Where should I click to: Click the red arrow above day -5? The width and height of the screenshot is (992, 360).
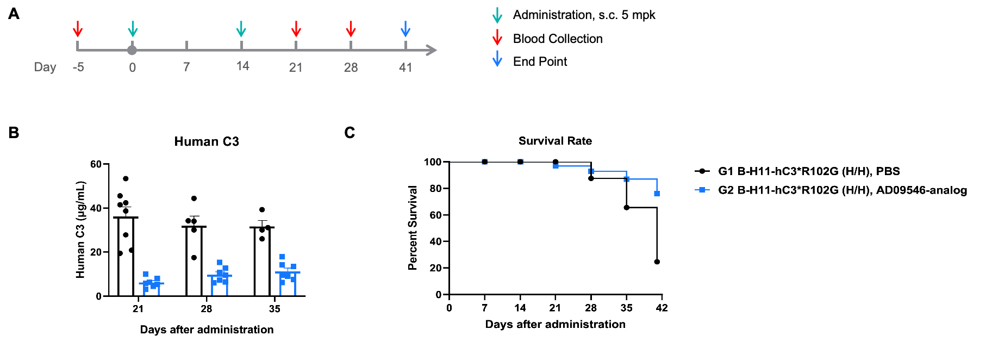78,29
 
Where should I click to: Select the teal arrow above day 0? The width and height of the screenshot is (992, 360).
133,29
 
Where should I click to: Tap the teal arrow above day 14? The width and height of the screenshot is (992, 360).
241,29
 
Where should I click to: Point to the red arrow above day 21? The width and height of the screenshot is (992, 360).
296,29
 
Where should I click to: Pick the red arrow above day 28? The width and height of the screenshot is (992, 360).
351,29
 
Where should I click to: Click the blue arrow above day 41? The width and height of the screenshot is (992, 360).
405,29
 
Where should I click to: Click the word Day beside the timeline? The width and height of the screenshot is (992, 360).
45,67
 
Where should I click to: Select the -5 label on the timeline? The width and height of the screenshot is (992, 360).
78,67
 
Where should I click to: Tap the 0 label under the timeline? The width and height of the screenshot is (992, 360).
133,68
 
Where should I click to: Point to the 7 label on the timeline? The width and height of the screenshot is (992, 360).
186,67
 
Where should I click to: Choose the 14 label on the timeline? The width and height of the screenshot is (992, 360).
243,66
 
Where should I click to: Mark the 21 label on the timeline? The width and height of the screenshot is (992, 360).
296,67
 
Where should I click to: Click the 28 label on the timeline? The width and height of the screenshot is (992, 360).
351,67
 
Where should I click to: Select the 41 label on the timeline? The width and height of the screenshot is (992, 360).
405,67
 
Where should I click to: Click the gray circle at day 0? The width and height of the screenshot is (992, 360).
132,50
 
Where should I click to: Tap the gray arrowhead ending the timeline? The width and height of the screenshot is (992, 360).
432,50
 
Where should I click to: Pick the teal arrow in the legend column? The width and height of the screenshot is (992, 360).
497,16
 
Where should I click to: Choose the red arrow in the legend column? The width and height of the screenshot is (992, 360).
497,38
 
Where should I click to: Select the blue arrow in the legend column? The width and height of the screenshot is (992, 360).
497,59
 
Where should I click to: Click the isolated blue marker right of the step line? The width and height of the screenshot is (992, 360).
702,190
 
